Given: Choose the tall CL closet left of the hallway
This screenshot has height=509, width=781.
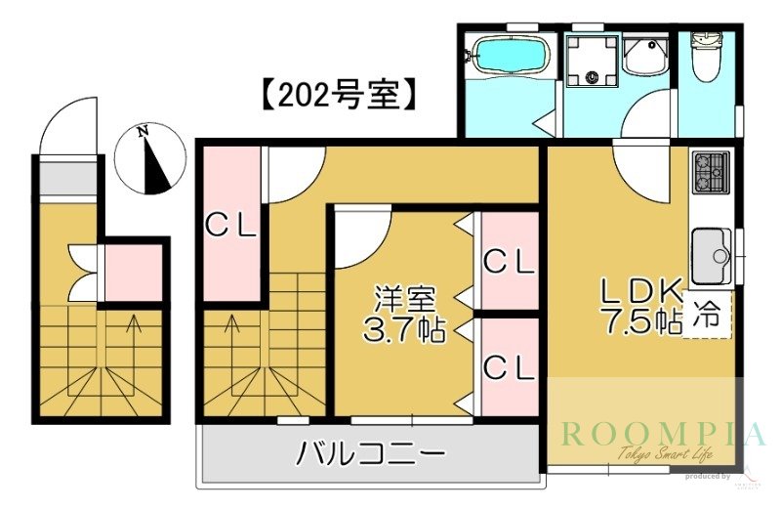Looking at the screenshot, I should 230,226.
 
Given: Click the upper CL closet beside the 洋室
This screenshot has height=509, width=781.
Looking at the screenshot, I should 510,262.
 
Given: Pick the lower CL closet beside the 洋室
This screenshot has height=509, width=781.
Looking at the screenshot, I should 510,367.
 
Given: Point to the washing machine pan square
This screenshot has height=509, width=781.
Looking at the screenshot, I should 593,59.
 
